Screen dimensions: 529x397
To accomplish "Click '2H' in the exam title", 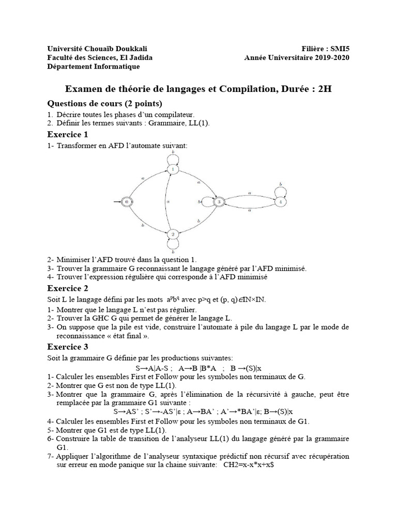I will pos(325,89).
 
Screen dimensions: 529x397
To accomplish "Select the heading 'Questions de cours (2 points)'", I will pos(105,103).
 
